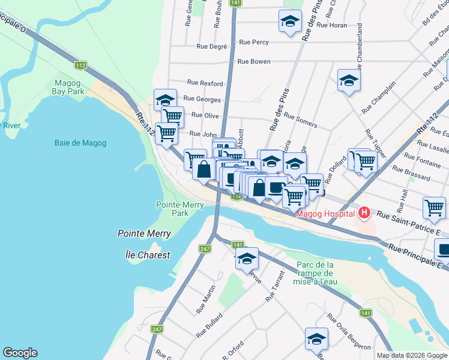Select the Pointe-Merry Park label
(180, 209)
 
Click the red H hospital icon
(363, 212)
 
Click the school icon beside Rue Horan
(290, 22)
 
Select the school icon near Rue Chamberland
(348, 81)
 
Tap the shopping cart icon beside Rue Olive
(172, 116)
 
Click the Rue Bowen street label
(254, 61)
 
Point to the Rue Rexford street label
(205, 83)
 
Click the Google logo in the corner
(20, 353)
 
